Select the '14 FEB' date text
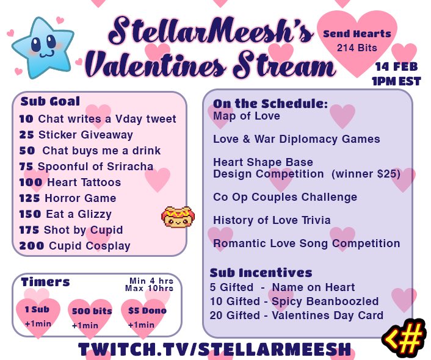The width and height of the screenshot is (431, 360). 397,67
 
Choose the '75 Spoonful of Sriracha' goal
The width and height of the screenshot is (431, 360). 86,167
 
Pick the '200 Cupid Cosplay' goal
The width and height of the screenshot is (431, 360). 74,246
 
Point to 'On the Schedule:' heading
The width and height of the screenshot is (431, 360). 270,104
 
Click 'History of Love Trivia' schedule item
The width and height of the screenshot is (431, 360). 272,220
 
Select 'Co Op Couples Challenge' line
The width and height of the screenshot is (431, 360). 285,197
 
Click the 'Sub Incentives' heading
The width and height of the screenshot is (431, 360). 261,273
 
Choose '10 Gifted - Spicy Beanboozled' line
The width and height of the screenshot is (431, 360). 295,301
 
